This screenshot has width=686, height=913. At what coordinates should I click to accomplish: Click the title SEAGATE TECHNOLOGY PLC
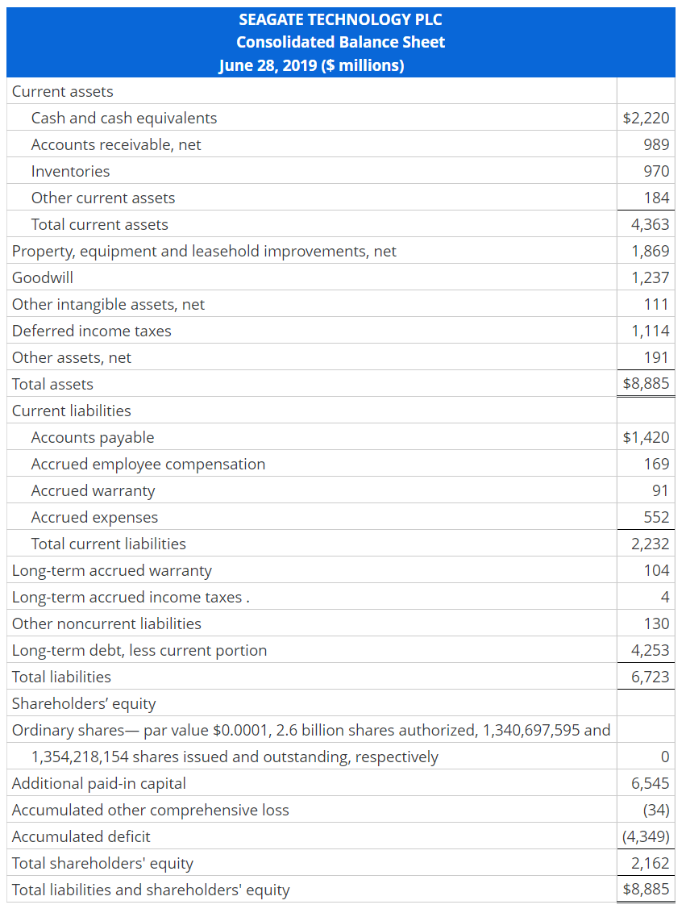pos(340,19)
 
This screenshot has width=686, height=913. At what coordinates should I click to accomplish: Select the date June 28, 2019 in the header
pos(268,65)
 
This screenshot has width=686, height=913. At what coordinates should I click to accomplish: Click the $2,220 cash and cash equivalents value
pos(646,118)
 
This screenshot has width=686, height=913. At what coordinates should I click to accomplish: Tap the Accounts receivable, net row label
pos(116,144)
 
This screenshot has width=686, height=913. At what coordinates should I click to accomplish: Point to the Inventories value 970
pos(656,171)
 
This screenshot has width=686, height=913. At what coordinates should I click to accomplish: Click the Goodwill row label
pos(43,277)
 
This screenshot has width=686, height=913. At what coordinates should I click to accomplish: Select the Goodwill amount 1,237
pos(651,277)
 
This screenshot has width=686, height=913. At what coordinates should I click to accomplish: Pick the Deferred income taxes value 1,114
pos(651,331)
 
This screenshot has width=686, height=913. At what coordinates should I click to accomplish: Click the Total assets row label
pos(52,384)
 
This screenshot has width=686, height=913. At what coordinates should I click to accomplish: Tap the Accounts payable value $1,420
pos(646,437)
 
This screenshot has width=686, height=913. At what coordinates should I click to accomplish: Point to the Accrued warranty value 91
pos(660,490)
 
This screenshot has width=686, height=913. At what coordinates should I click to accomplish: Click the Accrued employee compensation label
pos(148,464)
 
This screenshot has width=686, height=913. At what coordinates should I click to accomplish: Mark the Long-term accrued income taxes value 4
pos(664,597)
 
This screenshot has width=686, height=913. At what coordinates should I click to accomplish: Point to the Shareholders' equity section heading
pos(84,703)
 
